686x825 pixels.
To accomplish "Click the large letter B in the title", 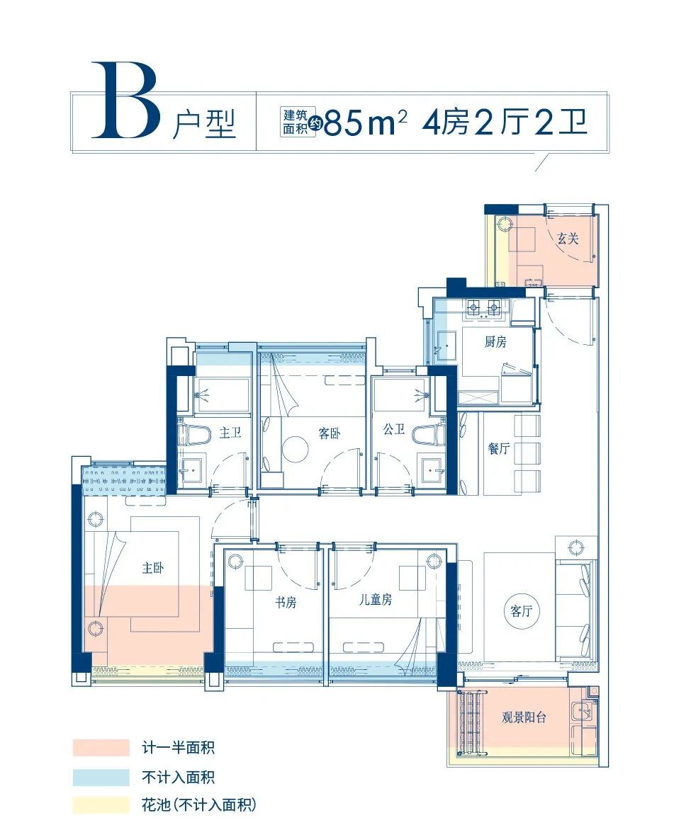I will click(x=125, y=101).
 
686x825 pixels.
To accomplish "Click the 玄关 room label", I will click(x=567, y=239).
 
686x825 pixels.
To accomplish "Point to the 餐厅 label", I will click(x=498, y=448).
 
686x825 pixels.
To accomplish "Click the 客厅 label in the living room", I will click(x=520, y=611).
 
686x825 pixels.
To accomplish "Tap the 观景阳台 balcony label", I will click(x=524, y=717).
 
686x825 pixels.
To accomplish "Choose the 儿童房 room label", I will click(x=374, y=600).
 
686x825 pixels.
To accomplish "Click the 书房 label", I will click(x=285, y=603).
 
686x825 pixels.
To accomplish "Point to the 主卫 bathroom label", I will click(x=230, y=432).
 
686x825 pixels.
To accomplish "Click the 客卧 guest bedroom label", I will click(x=328, y=433).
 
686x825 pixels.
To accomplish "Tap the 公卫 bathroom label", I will click(x=393, y=429).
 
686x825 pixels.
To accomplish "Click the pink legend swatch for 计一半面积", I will click(x=101, y=748).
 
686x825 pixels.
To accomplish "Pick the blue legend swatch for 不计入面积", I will click(x=101, y=777).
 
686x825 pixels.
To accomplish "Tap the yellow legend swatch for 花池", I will click(x=101, y=805).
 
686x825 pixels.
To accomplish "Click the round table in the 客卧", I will click(x=295, y=449).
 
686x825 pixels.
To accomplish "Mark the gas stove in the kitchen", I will click(x=483, y=308).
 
